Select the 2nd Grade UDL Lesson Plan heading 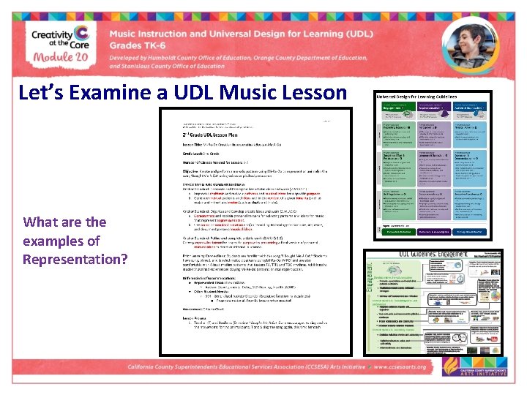pyautogui.click(x=220, y=135)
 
